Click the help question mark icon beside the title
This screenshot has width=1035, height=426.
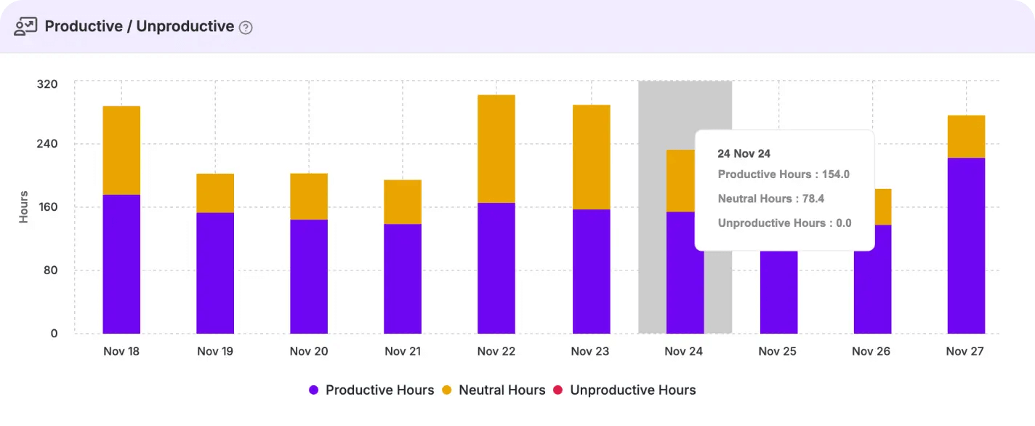click(x=246, y=28)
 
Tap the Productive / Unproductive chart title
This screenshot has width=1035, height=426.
click(x=139, y=27)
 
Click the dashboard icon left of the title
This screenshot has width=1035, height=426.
click(x=25, y=27)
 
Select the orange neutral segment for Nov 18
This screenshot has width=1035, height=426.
click(x=121, y=150)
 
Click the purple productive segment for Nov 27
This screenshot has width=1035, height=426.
click(x=966, y=245)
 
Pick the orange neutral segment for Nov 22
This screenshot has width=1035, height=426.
click(x=496, y=148)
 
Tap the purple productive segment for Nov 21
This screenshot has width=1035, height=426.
click(x=403, y=278)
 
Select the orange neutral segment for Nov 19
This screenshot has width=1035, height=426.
click(x=215, y=193)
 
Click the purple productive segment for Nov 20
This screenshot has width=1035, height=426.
click(x=309, y=276)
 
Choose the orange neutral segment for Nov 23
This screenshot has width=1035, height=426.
click(x=591, y=157)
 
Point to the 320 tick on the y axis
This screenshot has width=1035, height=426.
click(x=47, y=84)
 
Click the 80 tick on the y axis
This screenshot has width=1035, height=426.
click(x=50, y=270)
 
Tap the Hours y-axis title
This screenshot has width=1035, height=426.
click(x=24, y=207)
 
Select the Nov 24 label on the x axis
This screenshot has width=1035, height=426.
click(x=684, y=351)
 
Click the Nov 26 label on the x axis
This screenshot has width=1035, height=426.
click(x=871, y=351)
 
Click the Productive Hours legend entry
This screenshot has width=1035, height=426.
click(x=371, y=390)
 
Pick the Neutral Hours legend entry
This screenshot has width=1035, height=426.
click(x=494, y=390)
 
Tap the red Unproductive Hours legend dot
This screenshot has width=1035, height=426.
click(x=558, y=390)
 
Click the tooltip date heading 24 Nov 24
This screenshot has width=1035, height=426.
click(x=744, y=153)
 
